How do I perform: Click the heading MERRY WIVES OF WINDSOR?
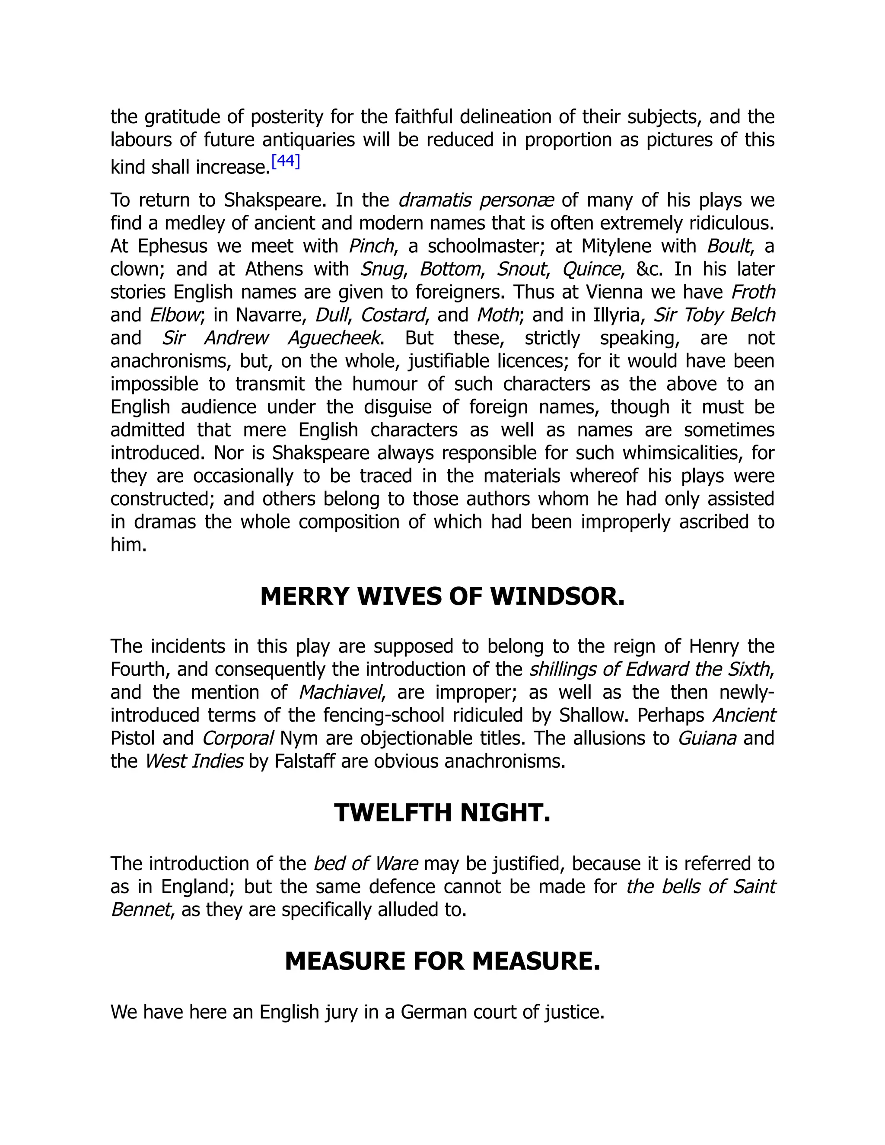point(442,597)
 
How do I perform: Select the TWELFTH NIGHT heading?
point(442,813)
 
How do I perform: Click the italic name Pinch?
point(371,246)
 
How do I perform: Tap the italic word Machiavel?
point(340,693)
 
